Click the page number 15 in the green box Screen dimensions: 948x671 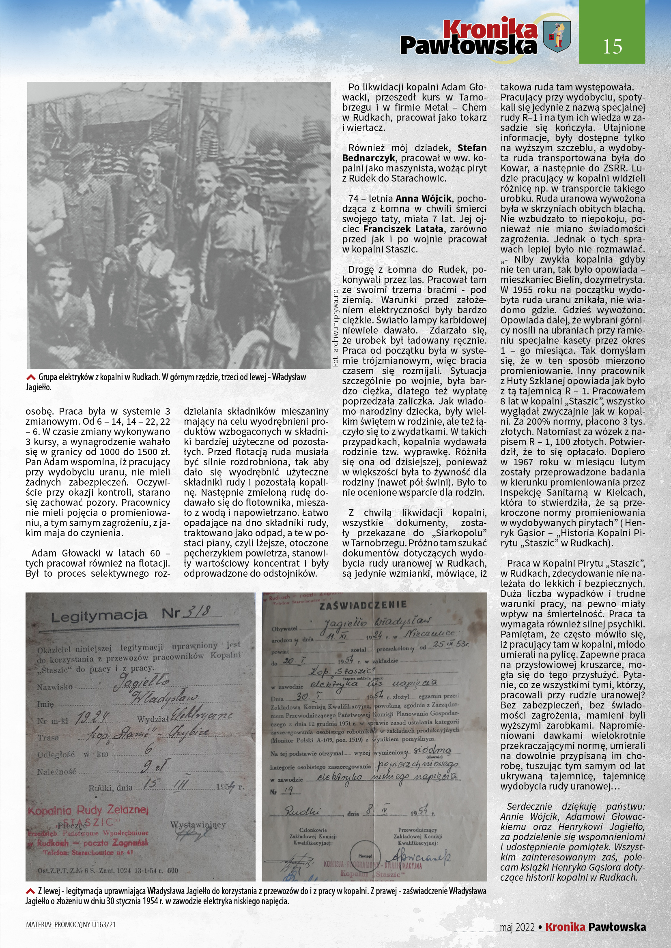pyautogui.click(x=612, y=47)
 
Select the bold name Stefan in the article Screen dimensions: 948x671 pyautogui.click(x=472, y=148)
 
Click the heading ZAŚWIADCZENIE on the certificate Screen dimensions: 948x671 pyautogui.click(x=363, y=605)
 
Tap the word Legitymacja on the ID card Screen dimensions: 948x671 pyautogui.click(x=99, y=616)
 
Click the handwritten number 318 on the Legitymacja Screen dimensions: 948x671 pyautogui.click(x=197, y=612)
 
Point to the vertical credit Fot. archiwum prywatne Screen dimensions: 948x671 pyautogui.click(x=335, y=328)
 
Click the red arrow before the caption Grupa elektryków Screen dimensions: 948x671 pyautogui.click(x=30, y=377)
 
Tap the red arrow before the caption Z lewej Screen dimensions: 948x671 pyautogui.click(x=30, y=891)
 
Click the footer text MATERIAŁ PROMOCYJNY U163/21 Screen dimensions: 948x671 pyautogui.click(x=71, y=925)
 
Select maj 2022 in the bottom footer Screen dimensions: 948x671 pyautogui.click(x=517, y=927)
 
